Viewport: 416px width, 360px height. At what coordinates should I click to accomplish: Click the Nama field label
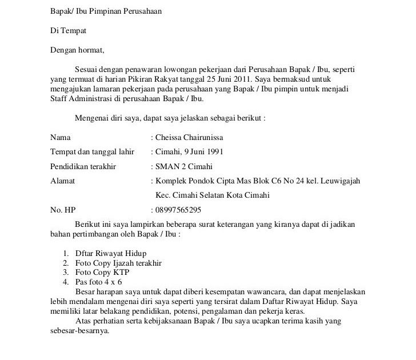[x=61, y=137]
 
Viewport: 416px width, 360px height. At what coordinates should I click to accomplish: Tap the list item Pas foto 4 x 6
[x=98, y=282]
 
